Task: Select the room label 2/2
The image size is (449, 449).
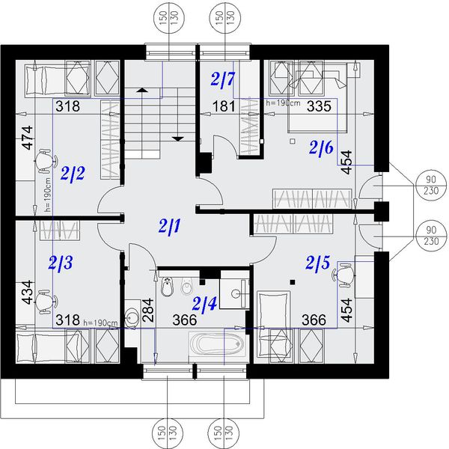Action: click(73, 174)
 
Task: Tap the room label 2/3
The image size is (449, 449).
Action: click(60, 263)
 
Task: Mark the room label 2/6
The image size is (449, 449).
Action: click(321, 149)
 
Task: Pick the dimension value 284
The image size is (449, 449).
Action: click(148, 310)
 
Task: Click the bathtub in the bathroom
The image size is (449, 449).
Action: click(216, 346)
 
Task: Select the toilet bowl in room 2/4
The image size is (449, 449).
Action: click(168, 286)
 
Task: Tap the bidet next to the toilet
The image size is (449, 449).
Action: click(189, 287)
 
